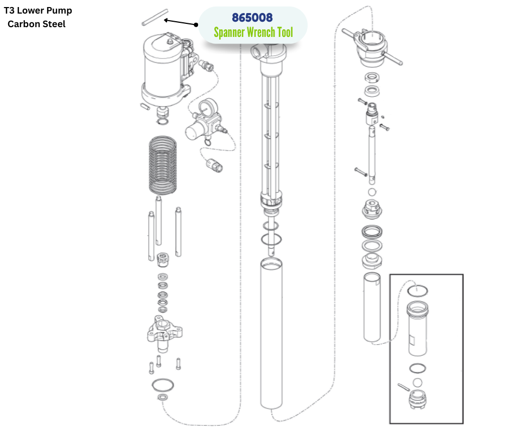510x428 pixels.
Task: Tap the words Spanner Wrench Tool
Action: pos(253,33)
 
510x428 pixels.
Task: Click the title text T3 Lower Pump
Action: pos(38,10)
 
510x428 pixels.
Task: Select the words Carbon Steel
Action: pos(36,24)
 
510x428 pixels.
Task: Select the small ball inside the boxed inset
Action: pos(417,382)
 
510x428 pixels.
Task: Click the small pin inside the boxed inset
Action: pos(402,386)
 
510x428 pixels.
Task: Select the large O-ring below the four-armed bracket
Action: pos(163,385)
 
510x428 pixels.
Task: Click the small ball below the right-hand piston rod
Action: pos(372,193)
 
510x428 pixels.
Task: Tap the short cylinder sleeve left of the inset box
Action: pos(373,307)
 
